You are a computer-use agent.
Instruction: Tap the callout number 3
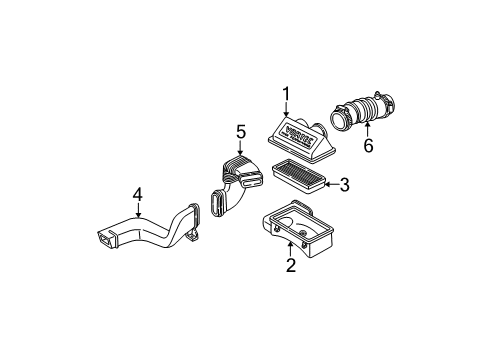[344, 184]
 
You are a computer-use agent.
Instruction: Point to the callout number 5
[240, 131]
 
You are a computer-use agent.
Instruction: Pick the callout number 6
[368, 146]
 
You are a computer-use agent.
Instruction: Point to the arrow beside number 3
[330, 184]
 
